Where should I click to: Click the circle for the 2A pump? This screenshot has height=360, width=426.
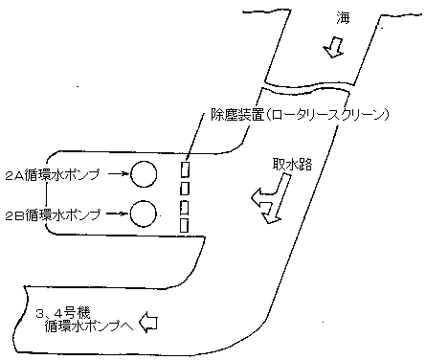144,174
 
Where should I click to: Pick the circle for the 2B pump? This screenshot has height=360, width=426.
144,213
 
